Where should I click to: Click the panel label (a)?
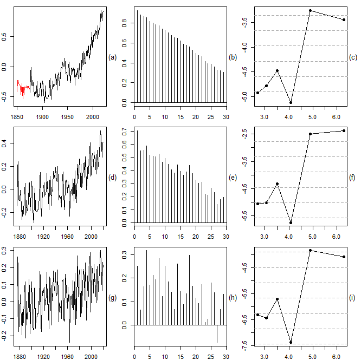tap(113, 57)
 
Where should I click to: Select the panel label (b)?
tap(233, 57)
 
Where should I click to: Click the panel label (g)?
tap(113, 297)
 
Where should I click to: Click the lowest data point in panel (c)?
tap(291, 102)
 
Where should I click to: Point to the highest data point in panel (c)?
tap(310, 10)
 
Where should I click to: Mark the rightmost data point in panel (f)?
tap(344, 130)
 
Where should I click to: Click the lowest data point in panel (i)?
tap(291, 342)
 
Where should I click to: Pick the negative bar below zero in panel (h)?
tap(217, 333)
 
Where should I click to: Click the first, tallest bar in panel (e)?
tap(137, 176)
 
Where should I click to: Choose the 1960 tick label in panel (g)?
tap(68, 357)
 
